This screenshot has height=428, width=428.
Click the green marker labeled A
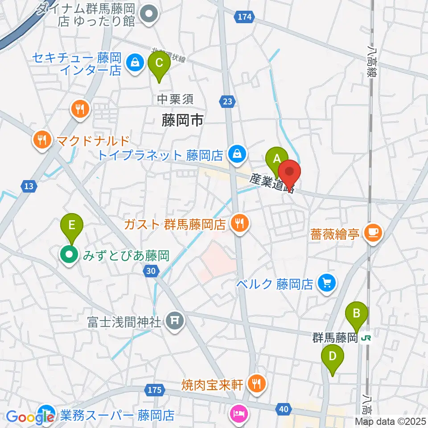coord(276,159)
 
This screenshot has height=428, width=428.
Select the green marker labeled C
coord(159,63)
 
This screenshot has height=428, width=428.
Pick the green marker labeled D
coord(333,357)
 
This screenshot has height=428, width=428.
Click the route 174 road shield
coord(244,17)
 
